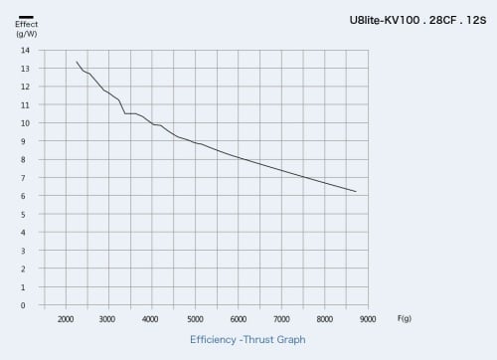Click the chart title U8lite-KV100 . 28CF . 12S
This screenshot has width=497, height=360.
(417, 20)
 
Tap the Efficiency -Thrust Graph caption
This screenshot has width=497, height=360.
(248, 340)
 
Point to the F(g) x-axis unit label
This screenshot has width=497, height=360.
(405, 318)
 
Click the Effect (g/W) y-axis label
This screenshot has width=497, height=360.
(27, 29)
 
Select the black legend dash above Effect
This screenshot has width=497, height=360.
(26, 17)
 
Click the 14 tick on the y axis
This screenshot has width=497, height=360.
(25, 51)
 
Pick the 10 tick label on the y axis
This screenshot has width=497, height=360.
(25, 123)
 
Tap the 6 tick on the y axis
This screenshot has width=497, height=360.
(23, 196)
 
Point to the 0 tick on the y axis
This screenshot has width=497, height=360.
(23, 305)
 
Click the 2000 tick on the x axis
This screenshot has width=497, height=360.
(66, 319)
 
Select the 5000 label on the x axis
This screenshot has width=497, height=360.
(195, 319)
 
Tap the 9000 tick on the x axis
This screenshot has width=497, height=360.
(368, 319)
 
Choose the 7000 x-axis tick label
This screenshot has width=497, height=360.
(281, 319)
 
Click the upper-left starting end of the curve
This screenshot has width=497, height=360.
(77, 62)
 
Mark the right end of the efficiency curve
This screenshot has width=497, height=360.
(356, 192)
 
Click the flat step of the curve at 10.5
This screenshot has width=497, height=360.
(130, 113)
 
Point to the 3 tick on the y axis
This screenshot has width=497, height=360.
(23, 251)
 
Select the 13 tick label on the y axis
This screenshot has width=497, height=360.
(25, 69)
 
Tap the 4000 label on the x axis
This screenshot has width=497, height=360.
(150, 319)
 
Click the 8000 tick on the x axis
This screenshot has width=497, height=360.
(324, 319)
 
